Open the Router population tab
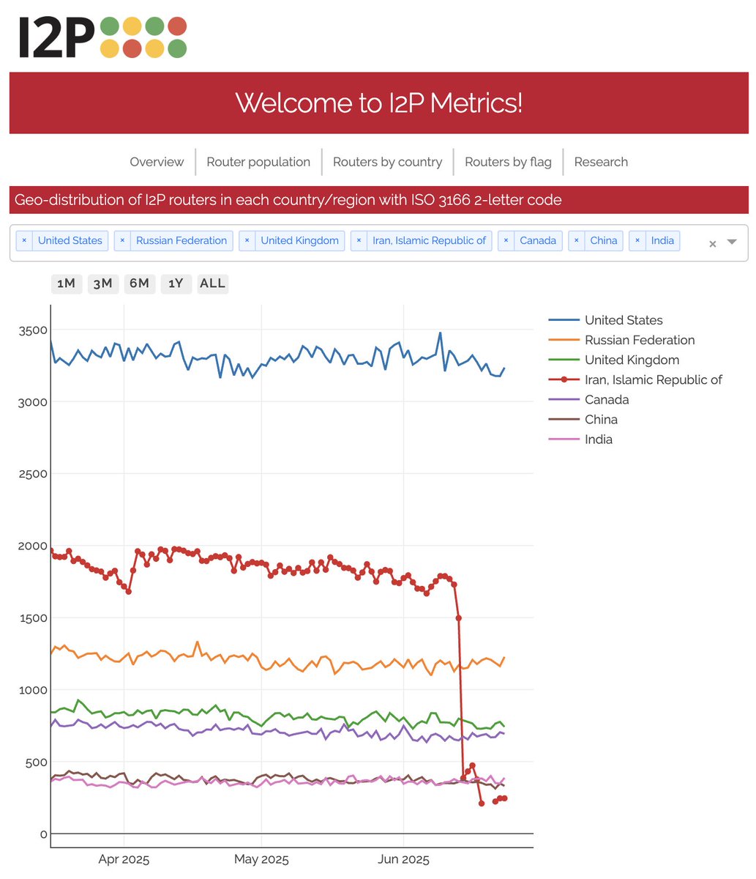point(258,162)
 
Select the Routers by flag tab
point(508,162)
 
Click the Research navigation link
point(601,162)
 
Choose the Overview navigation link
point(157,162)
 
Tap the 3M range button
point(102,283)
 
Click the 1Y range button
point(176,283)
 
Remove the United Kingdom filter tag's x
point(247,240)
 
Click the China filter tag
point(603,240)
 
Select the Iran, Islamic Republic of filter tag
point(429,240)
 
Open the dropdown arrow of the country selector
point(732,242)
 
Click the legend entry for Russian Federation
point(639,340)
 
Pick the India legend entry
point(598,439)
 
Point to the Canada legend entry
point(606,400)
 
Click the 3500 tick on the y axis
point(33,330)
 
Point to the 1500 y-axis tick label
point(33,618)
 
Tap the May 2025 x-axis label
point(261,860)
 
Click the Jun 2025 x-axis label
point(403,860)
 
